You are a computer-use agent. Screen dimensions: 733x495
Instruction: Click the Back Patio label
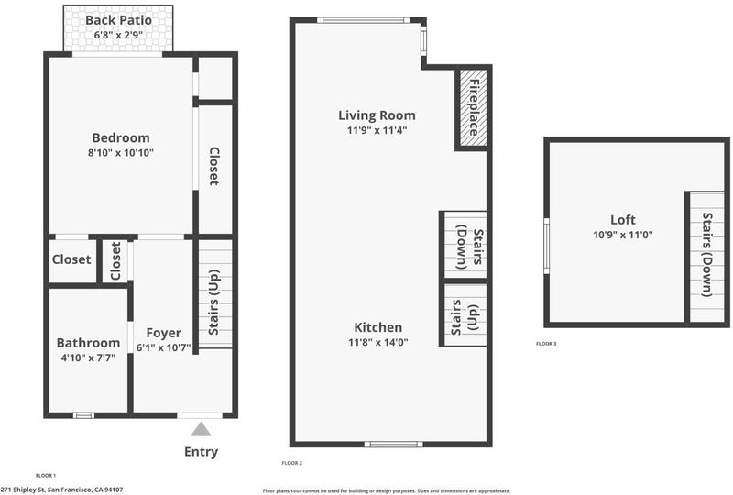click(118, 20)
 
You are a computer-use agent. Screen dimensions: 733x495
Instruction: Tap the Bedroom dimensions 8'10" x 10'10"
click(121, 152)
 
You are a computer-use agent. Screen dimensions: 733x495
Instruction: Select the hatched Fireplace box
click(473, 108)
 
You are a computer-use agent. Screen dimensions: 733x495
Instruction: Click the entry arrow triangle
click(201, 429)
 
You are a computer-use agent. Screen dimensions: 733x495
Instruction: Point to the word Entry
click(201, 452)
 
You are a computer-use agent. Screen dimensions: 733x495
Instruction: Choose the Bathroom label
click(88, 343)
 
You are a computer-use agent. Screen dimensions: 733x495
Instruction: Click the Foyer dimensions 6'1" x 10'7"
click(164, 347)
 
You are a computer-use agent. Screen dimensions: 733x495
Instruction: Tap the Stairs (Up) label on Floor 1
click(213, 302)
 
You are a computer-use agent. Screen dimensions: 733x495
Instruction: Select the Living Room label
click(377, 115)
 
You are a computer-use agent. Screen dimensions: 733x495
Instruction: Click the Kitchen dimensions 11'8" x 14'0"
click(378, 342)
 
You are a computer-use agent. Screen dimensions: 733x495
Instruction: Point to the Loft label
click(623, 219)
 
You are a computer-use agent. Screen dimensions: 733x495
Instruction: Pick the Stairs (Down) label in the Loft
click(707, 255)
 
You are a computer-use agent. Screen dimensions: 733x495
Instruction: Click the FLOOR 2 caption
click(291, 463)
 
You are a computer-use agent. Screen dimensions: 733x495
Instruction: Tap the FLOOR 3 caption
click(546, 344)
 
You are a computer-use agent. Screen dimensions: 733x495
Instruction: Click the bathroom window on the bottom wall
click(83, 415)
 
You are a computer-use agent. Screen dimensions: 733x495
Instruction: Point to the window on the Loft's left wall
click(546, 246)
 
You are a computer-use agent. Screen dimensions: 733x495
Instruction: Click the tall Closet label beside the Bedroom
click(213, 166)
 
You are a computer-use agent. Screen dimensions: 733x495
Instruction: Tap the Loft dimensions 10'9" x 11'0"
click(623, 235)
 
